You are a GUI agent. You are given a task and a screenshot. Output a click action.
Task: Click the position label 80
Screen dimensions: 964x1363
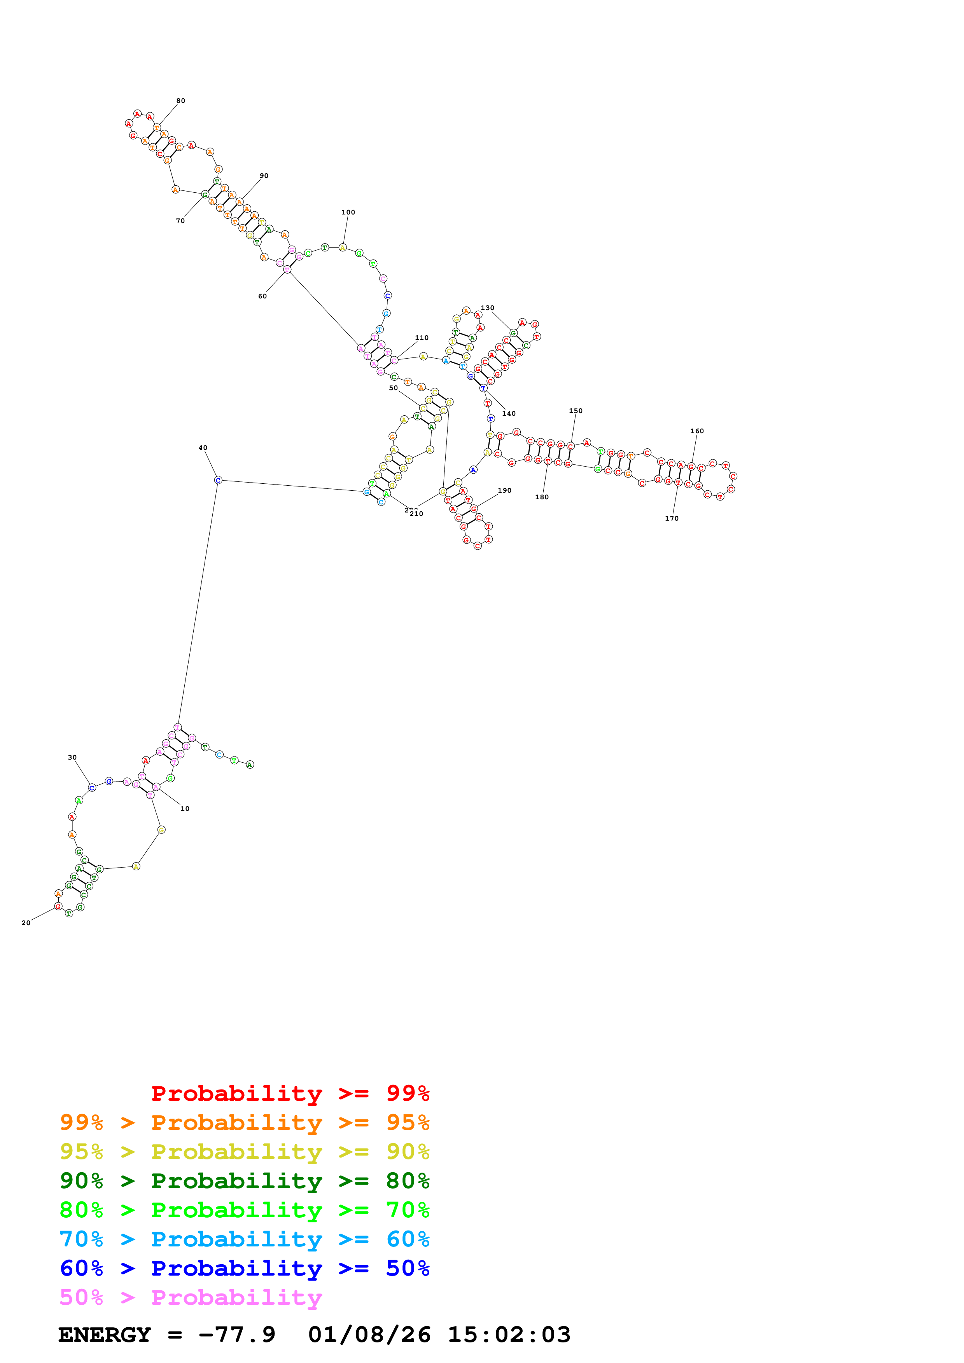pyautogui.click(x=180, y=101)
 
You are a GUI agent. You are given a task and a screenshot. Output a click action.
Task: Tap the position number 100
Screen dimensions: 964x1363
pyautogui.click(x=348, y=213)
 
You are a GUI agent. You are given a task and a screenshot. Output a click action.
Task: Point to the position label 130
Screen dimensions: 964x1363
pyautogui.click(x=487, y=308)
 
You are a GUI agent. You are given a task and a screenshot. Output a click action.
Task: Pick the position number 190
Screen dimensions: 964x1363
pyautogui.click(x=504, y=491)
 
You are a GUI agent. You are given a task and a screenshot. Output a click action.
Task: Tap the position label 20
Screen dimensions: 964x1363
pyautogui.click(x=26, y=923)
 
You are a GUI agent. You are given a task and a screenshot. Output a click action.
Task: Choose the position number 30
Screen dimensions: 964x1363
pyautogui.click(x=72, y=758)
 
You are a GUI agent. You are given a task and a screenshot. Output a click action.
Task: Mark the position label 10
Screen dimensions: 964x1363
pyautogui.click(x=185, y=809)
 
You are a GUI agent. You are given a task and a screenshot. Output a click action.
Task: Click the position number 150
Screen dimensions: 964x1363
pyautogui.click(x=576, y=411)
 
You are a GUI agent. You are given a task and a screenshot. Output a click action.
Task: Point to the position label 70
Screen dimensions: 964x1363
pyautogui.click(x=180, y=221)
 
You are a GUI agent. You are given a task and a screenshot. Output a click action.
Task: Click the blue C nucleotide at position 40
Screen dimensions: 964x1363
pyautogui.click(x=218, y=480)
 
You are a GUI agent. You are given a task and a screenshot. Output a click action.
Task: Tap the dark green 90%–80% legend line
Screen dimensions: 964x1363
pyautogui.click(x=244, y=1181)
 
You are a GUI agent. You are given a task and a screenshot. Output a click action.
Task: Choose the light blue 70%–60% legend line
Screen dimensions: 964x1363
pyautogui.click(x=244, y=1239)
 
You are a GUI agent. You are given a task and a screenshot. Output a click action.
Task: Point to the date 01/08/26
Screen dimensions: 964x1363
pyautogui.click(x=369, y=1335)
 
